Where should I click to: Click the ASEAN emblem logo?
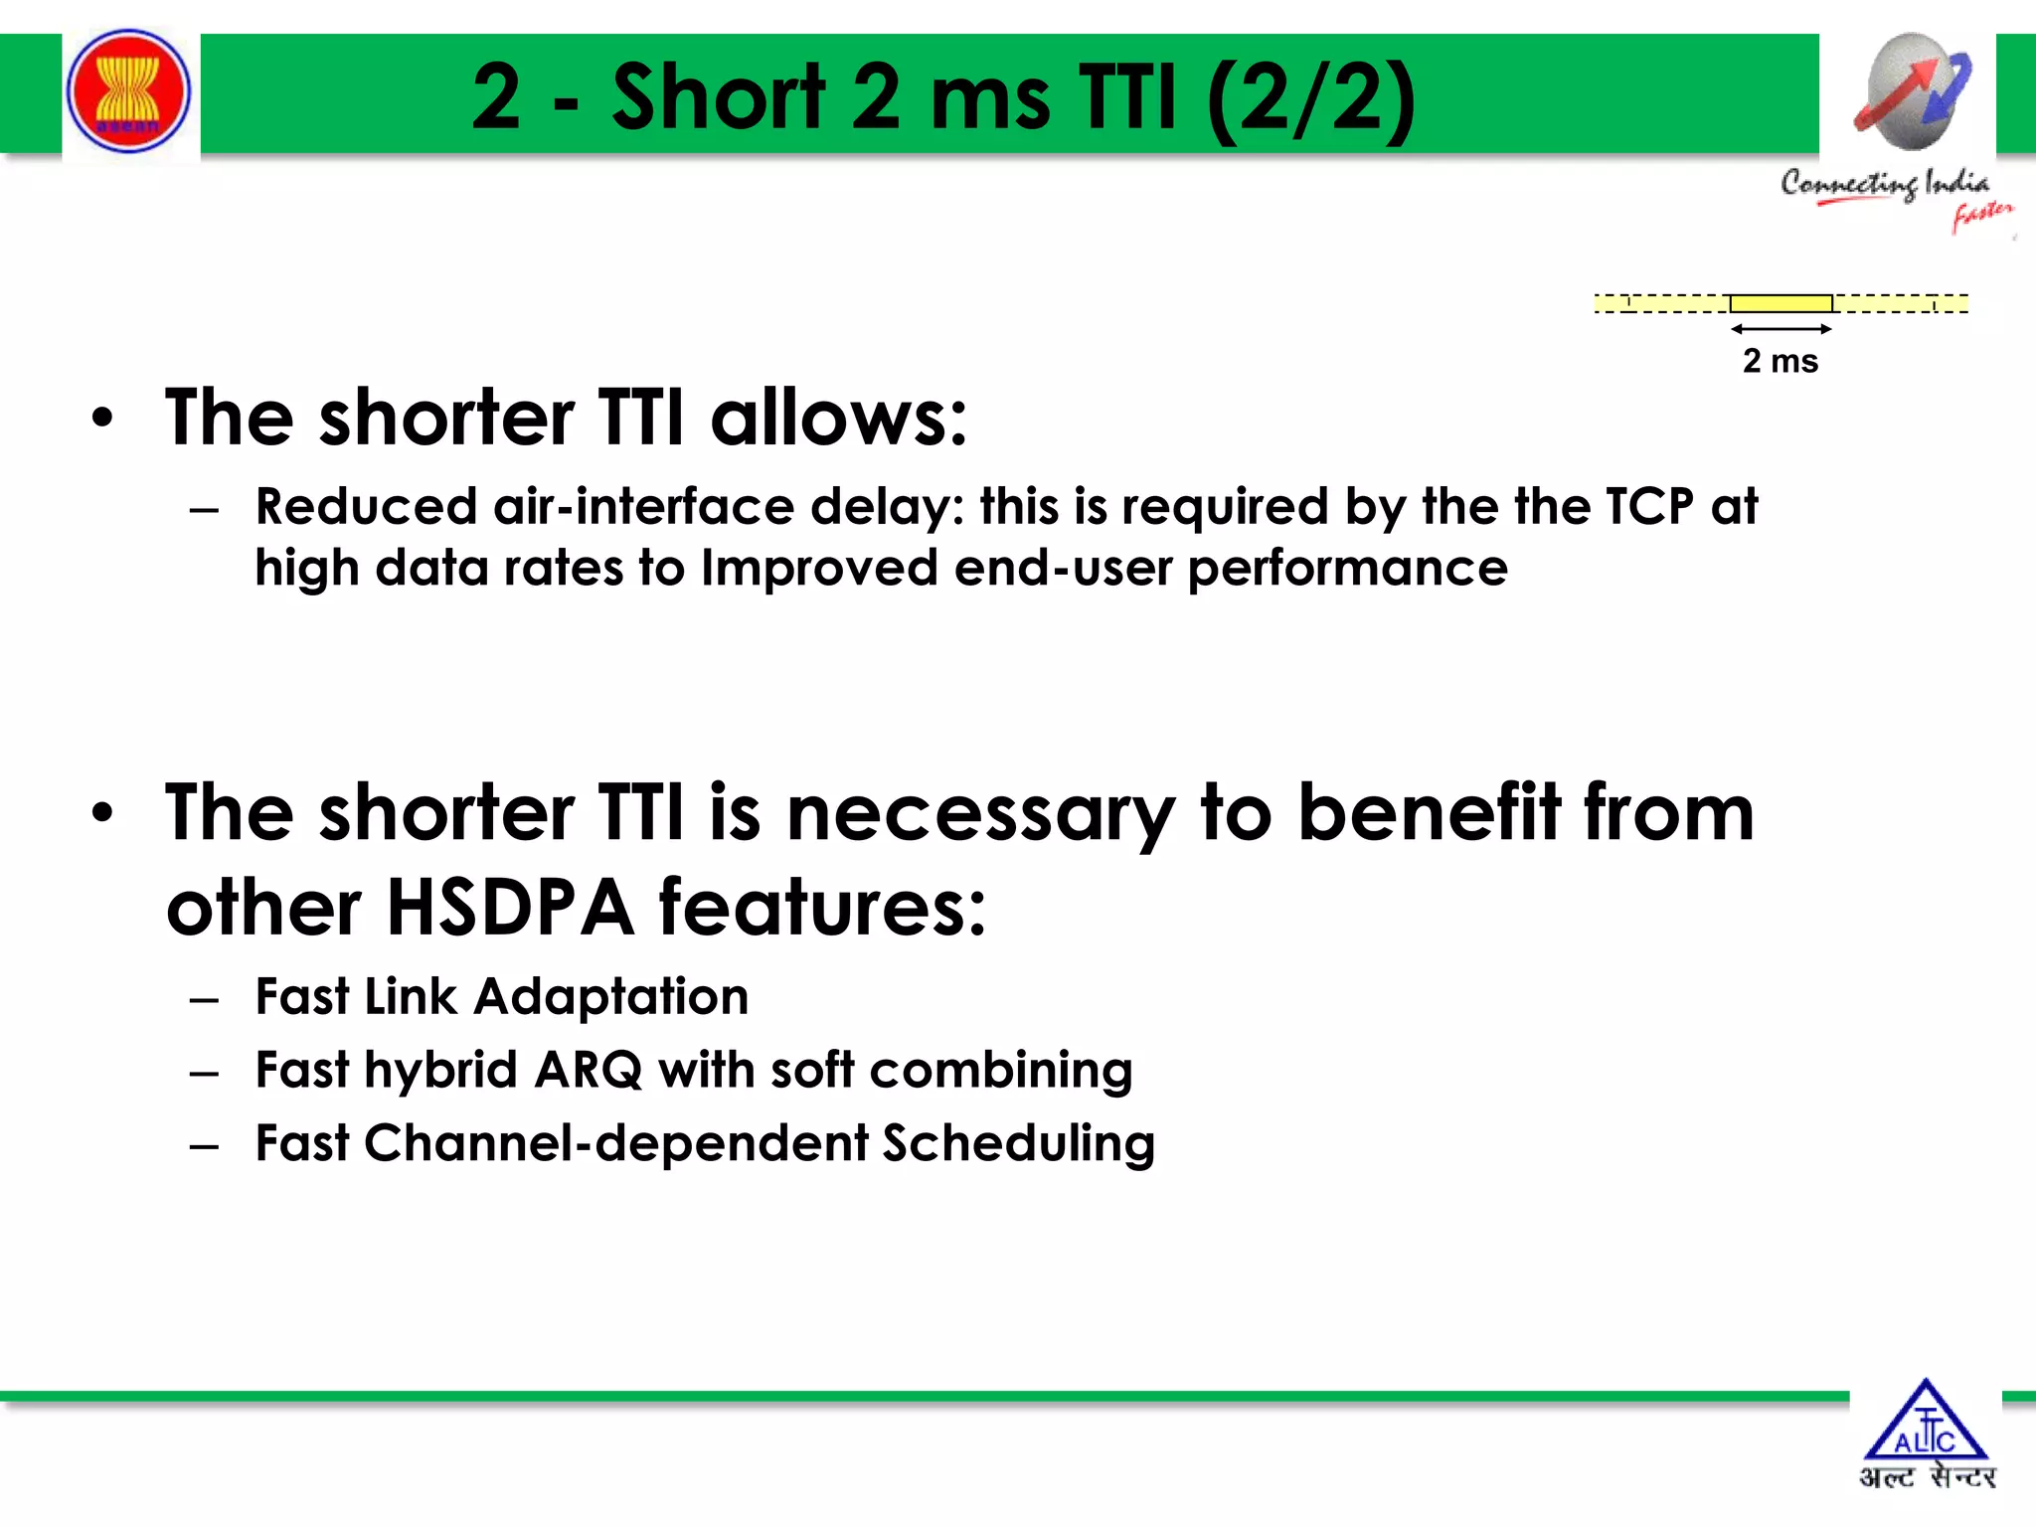pyautogui.click(x=128, y=91)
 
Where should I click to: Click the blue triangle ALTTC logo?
pyautogui.click(x=1926, y=1423)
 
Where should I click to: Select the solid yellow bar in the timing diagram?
pyautogui.click(x=1781, y=303)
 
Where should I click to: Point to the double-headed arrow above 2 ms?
pyautogui.click(x=1781, y=328)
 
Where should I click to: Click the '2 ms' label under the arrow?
pyautogui.click(x=1780, y=361)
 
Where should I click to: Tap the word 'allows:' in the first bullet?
pyautogui.click(x=838, y=418)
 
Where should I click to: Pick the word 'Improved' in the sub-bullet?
pyautogui.click(x=819, y=570)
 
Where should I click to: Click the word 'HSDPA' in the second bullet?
pyautogui.click(x=510, y=908)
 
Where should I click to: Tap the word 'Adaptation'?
pyautogui.click(x=610, y=997)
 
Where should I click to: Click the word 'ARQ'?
pyautogui.click(x=588, y=1071)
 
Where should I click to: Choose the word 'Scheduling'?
pyautogui.click(x=1018, y=1144)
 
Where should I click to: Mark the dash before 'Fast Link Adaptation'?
pyautogui.click(x=205, y=999)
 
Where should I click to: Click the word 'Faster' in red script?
pyautogui.click(x=1981, y=215)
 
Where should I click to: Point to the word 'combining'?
pyautogui.click(x=1000, y=1072)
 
